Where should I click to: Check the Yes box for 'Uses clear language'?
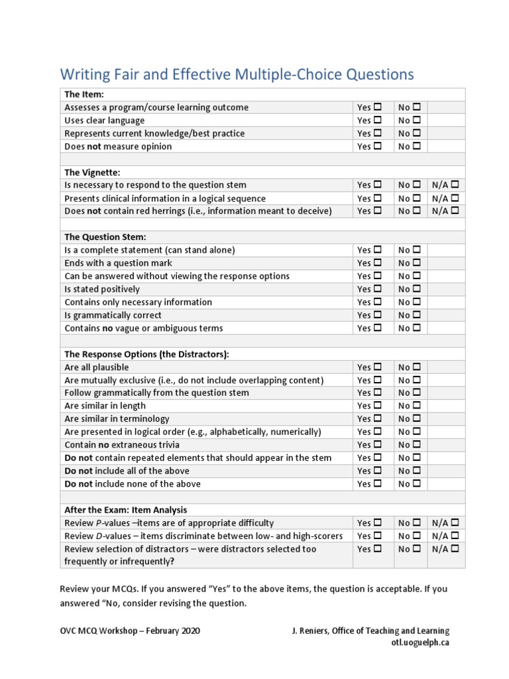point(378,120)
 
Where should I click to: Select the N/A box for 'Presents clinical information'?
point(455,198)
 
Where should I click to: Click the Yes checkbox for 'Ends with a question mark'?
point(378,263)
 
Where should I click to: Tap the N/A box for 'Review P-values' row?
point(455,523)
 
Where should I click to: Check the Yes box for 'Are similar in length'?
point(378,406)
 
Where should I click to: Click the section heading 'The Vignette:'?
point(92,172)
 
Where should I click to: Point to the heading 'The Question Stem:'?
point(105,237)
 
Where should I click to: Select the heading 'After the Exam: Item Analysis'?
point(125,510)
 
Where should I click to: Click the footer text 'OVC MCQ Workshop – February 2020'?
point(130,631)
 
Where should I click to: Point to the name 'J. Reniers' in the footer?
point(311,631)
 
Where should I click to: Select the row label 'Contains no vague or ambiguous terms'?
point(144,328)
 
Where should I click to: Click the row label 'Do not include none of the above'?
point(132,484)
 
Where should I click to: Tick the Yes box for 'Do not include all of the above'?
point(378,471)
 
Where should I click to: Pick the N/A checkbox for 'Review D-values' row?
point(455,536)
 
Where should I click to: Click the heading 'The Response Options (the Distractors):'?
point(146,354)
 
